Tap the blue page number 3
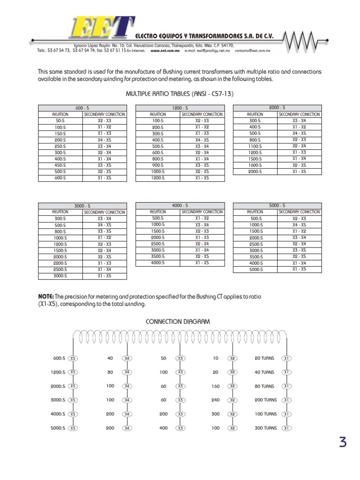tap(343, 442)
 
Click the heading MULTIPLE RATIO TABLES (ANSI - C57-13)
tap(180, 94)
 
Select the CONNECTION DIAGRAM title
tap(178, 322)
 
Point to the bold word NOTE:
tap(45, 297)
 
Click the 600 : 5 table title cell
tap(82, 108)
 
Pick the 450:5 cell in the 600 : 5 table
tap(60, 165)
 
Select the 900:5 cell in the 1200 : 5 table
tap(158, 165)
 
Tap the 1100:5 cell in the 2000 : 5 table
tap(255, 146)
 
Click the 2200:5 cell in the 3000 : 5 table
tap(60, 263)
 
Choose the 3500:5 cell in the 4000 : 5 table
tap(158, 257)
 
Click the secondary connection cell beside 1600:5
tap(299, 165)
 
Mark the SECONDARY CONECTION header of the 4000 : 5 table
tap(202, 212)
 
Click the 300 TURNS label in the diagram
tap(266, 428)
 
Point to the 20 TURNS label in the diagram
tap(264, 358)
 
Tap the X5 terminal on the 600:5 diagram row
tap(73, 358)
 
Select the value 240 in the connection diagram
tap(215, 400)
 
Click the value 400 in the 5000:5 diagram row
tap(163, 428)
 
